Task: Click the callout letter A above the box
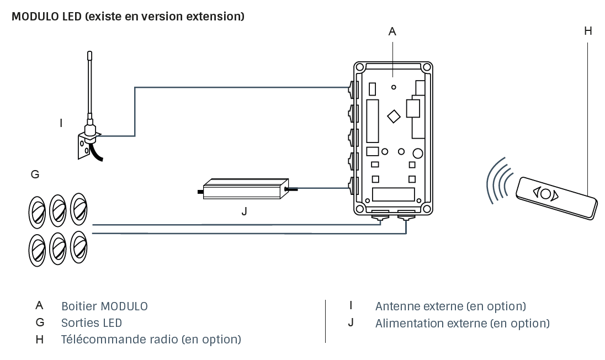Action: (392, 32)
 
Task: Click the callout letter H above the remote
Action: (588, 31)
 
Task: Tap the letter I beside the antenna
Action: (61, 123)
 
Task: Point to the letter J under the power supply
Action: (244, 211)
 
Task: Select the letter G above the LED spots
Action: (35, 174)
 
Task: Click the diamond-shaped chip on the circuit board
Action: (394, 116)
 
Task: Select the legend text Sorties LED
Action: (92, 322)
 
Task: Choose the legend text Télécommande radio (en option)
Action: (151, 339)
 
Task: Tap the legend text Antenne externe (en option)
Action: (450, 306)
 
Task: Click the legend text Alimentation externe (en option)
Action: (462, 322)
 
